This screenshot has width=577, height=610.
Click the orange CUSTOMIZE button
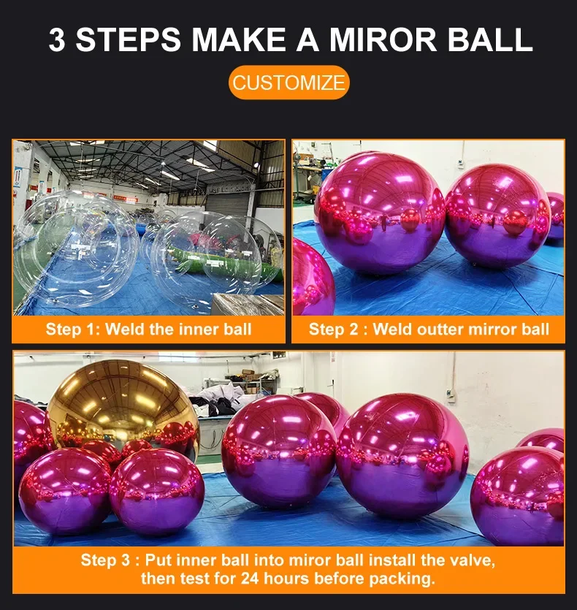[288, 83]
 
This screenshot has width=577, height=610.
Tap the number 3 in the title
[57, 39]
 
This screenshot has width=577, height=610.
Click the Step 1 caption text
[148, 329]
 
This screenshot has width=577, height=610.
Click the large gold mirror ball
[122, 403]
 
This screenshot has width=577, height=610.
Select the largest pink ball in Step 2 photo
[379, 211]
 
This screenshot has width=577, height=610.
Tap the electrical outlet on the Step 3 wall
[451, 395]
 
